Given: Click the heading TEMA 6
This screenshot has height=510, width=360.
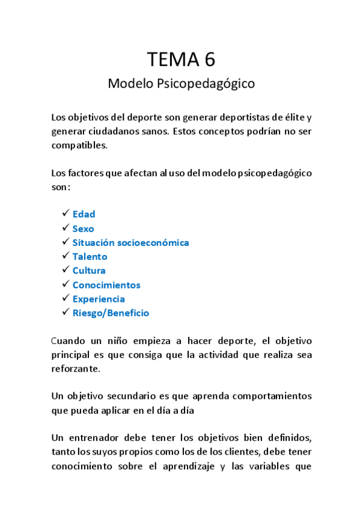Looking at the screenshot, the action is [x=181, y=59].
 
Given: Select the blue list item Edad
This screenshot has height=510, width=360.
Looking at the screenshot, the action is [x=84, y=214].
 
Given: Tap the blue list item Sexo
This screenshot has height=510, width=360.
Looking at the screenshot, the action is [x=83, y=229].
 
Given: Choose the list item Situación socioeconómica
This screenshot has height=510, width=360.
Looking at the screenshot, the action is [x=130, y=242].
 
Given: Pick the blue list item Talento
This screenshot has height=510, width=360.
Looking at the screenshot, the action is [x=90, y=257].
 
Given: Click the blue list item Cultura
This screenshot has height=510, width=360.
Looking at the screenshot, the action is [x=89, y=271].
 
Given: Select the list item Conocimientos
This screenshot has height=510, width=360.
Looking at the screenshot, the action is [x=106, y=285].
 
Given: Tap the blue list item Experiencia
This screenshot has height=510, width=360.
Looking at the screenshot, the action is [x=99, y=299].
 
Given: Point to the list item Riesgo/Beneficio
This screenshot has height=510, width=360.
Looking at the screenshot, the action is [x=111, y=313].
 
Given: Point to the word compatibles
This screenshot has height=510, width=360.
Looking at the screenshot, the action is [x=79, y=145].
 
